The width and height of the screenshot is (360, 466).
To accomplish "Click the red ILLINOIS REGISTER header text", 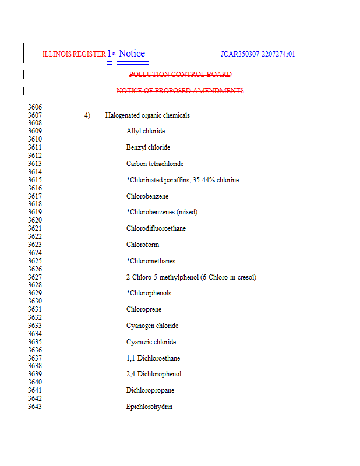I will pyautogui.click(x=74, y=54).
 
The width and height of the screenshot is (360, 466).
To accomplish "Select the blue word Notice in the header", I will pyautogui.click(x=132, y=54).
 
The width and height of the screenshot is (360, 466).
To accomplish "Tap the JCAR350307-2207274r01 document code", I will pyautogui.click(x=257, y=55).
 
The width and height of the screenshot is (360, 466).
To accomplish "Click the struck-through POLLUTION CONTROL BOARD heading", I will pyautogui.click(x=180, y=75).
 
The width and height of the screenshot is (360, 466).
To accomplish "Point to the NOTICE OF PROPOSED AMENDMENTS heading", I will pyautogui.click(x=180, y=91).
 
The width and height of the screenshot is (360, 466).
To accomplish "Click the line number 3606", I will pyautogui.click(x=35, y=107).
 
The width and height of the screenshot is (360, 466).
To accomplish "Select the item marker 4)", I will pyautogui.click(x=87, y=115).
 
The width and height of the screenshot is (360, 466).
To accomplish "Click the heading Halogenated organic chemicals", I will pyautogui.click(x=147, y=115).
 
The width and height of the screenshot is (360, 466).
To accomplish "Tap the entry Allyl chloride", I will pyautogui.click(x=146, y=132).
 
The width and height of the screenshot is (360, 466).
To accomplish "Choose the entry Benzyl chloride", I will pyautogui.click(x=148, y=148).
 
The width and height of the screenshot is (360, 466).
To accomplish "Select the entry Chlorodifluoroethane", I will pyautogui.click(x=156, y=228).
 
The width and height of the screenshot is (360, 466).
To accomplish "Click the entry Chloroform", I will pyautogui.click(x=143, y=245).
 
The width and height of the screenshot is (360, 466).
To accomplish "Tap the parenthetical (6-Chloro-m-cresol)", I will pyautogui.click(x=228, y=277).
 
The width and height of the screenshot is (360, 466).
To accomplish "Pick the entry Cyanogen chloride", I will pyautogui.click(x=152, y=326).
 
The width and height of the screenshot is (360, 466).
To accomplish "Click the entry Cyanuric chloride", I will pyautogui.click(x=151, y=342).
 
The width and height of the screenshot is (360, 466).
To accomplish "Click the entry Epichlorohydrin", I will pyautogui.click(x=149, y=407).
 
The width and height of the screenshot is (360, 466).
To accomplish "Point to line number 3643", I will pyautogui.click(x=35, y=407).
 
